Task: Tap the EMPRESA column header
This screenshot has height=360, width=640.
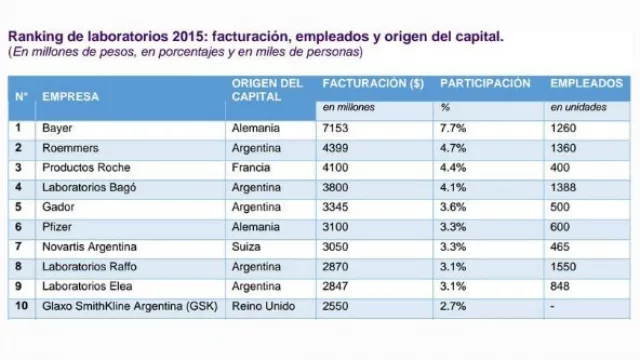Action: [70, 96]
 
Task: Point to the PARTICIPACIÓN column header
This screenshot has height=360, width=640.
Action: [485, 84]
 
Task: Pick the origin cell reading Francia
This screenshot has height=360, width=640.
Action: [251, 167]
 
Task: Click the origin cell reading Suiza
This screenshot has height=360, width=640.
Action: [247, 246]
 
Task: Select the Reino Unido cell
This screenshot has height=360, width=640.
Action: [263, 306]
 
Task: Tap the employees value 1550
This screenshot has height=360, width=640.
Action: [563, 266]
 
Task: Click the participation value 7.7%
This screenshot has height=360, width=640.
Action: [453, 128]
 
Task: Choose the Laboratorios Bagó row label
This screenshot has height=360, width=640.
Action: [89, 187]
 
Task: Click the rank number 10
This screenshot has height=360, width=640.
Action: [20, 306]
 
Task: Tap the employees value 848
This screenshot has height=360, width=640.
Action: [560, 286]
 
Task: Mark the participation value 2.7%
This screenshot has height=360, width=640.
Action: [453, 306]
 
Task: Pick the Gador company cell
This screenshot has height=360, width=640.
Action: [55, 207]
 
